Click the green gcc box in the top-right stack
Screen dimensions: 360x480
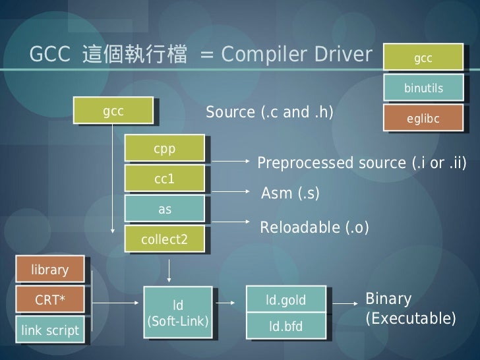pyautogui.click(x=423, y=59)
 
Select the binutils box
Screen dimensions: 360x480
pyautogui.click(x=423, y=88)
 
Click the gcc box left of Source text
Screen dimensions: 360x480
pyautogui.click(x=113, y=111)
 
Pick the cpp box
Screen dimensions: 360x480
pyautogui.click(x=164, y=150)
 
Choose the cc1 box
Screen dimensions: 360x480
pyautogui.click(x=164, y=179)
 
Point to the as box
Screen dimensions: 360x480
pyautogui.click(x=164, y=210)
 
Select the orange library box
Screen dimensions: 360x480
pyautogui.click(x=49, y=270)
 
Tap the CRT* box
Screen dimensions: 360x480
pyautogui.click(x=49, y=301)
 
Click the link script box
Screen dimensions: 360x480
pyautogui.click(x=49, y=330)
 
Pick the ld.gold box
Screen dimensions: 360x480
pyautogui.click(x=285, y=301)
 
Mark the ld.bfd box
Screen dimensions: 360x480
pyautogui.click(x=285, y=326)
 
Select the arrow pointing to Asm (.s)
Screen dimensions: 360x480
pyautogui.click(x=228, y=191)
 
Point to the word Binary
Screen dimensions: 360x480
pyautogui.click(x=388, y=299)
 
